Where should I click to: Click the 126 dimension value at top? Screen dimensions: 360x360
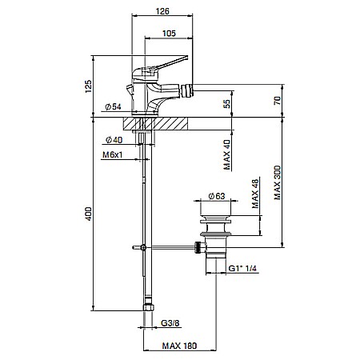pyautogui.click(x=164, y=11)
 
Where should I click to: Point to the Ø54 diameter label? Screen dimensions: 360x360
pyautogui.click(x=113, y=107)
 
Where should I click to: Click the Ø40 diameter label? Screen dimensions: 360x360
pyautogui.click(x=113, y=140)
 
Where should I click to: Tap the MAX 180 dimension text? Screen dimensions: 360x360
pyautogui.click(x=178, y=347)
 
